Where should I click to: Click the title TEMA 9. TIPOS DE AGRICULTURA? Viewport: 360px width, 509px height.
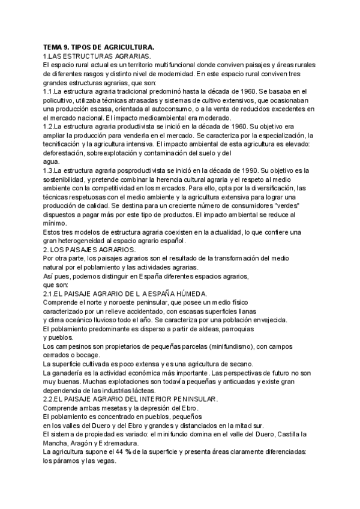pos(99,47)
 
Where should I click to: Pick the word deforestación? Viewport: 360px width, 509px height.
pos(67,153)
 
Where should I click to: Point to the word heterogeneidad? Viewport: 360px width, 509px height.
pos(87,241)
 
